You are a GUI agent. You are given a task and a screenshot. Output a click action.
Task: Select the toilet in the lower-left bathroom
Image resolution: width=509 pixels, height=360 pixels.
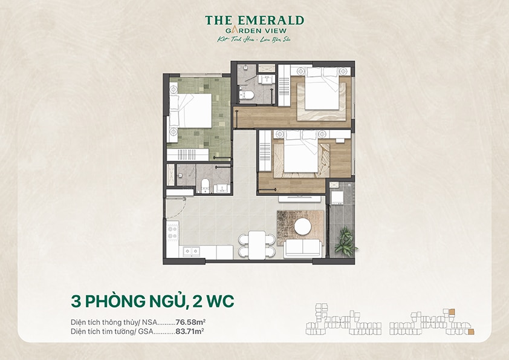tap(205, 184)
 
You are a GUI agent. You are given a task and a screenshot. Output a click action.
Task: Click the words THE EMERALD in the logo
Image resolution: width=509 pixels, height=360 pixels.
tap(254, 21)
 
